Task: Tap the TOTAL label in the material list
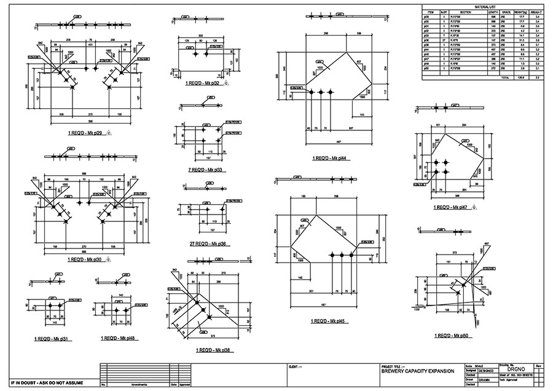coord(505,77)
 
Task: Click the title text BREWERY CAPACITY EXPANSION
coord(418,371)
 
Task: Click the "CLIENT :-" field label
coord(295,367)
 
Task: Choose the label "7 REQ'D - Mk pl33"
coord(206,170)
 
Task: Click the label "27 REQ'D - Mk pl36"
coord(206,244)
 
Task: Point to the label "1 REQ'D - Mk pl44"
coord(330,158)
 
